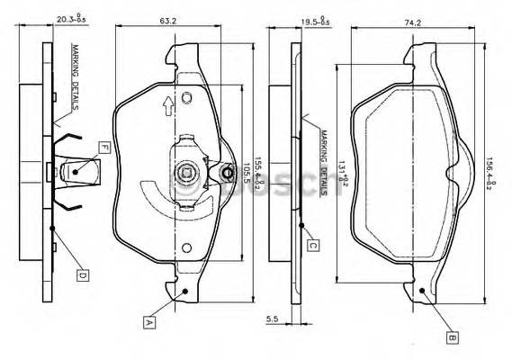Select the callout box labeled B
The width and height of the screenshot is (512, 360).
click(451, 338)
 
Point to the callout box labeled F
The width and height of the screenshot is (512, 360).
click(104, 148)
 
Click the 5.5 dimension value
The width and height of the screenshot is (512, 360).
click(271, 318)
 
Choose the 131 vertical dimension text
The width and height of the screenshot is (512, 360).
click(343, 172)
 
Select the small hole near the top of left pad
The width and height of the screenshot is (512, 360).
click(186, 97)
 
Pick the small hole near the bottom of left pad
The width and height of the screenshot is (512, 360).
click(186, 247)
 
